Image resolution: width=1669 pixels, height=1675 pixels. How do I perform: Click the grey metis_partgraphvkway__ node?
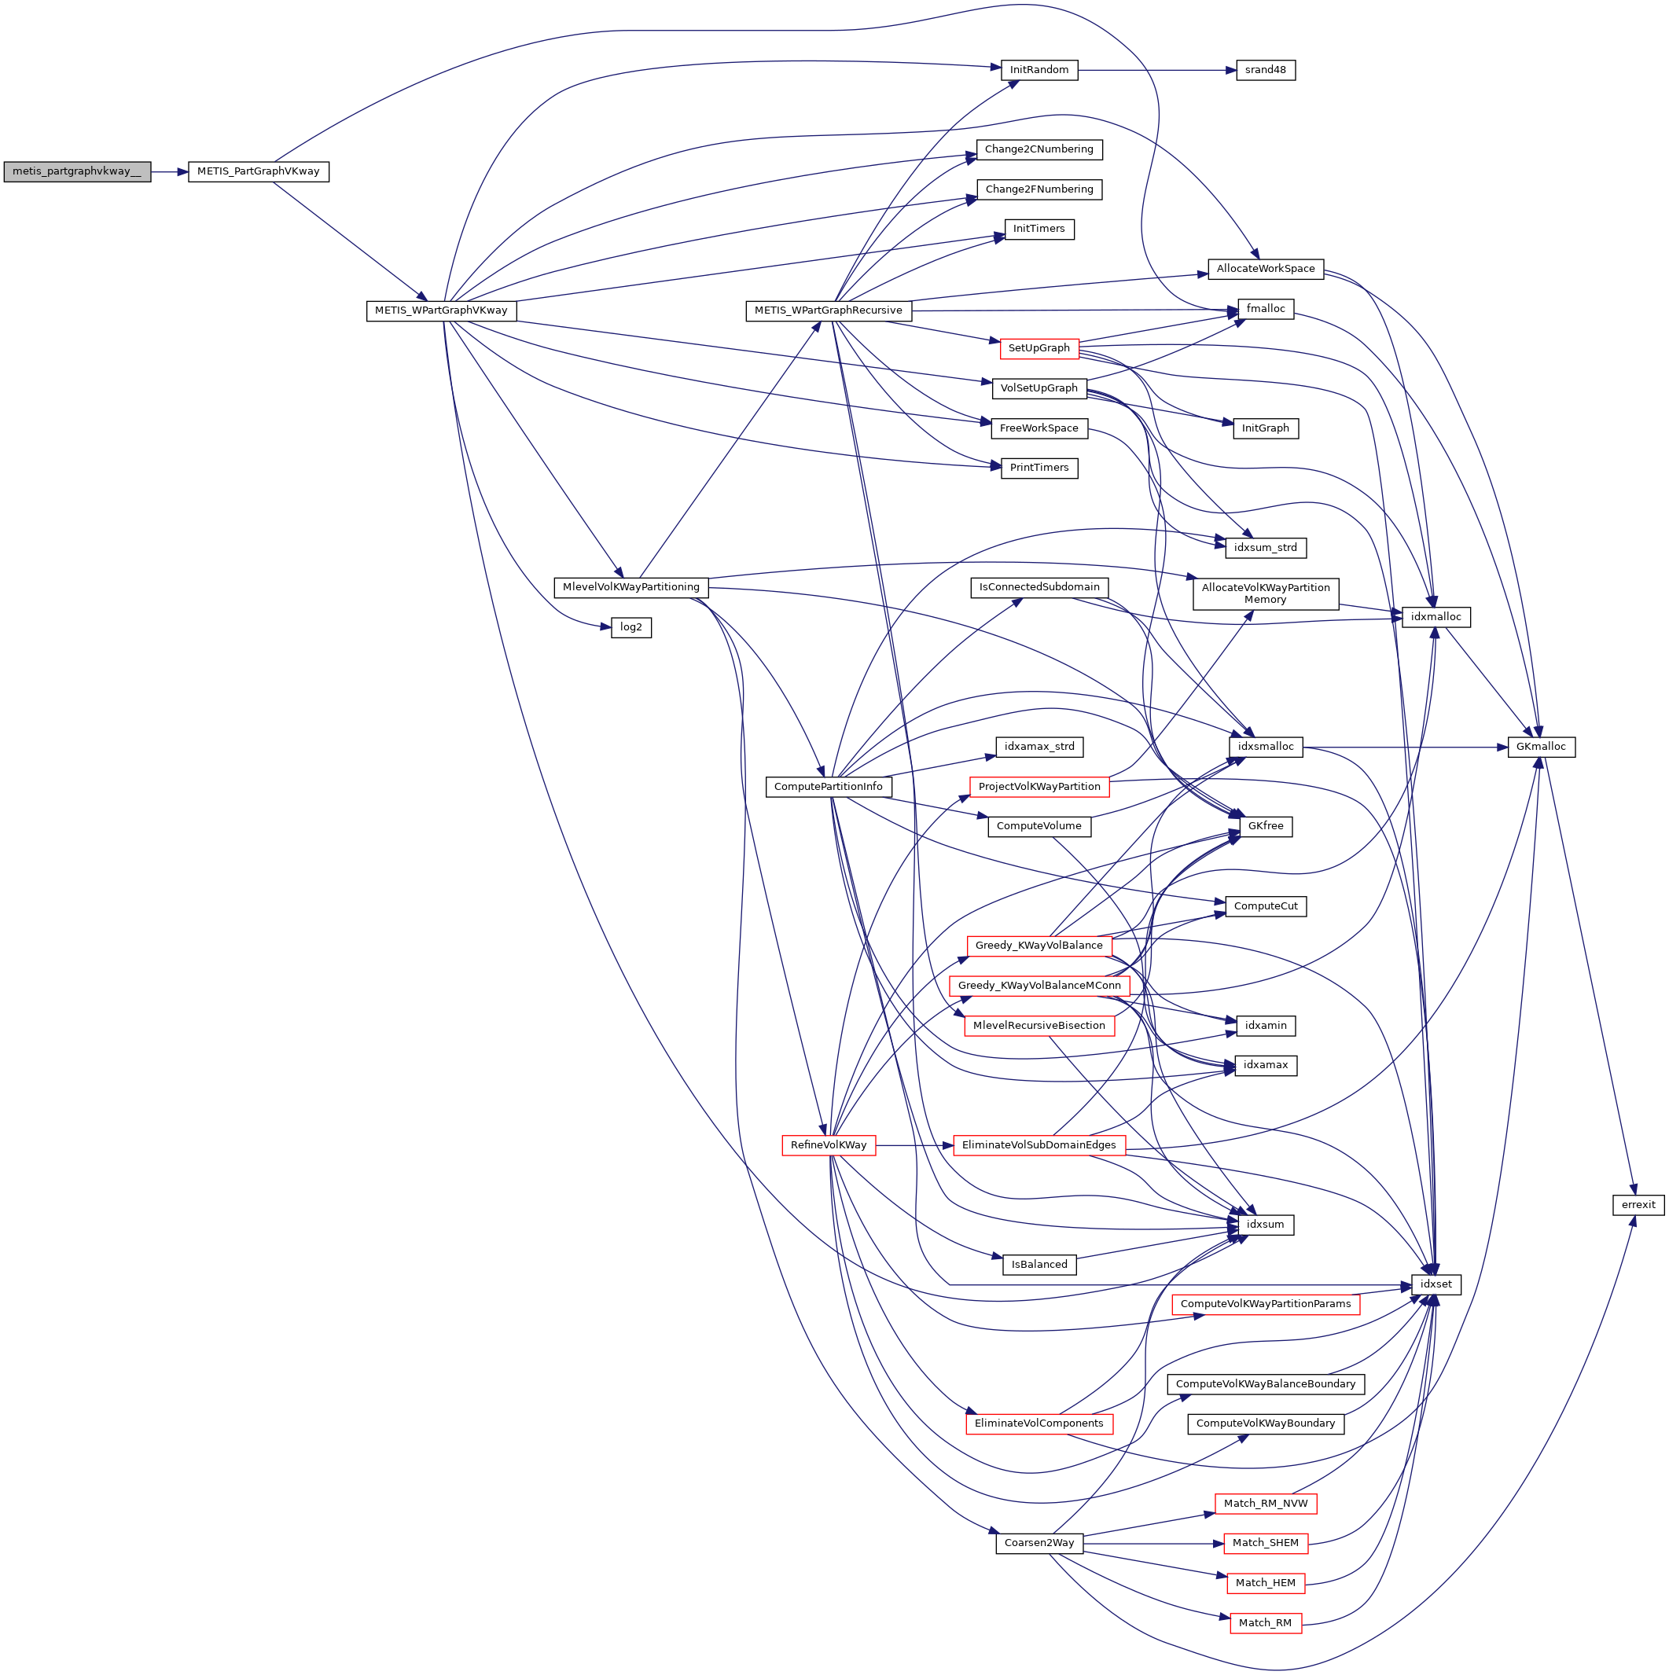76,171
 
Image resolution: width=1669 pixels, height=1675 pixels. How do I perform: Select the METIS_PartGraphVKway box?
259,171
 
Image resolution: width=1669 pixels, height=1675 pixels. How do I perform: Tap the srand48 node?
1265,70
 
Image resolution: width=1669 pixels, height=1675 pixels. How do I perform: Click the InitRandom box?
1039,70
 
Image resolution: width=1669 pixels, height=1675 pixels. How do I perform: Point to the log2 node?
630,626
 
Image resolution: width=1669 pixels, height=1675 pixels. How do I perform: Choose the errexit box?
1638,1204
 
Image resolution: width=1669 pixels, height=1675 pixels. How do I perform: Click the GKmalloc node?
1541,747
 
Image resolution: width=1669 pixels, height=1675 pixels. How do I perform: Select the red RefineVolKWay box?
828,1145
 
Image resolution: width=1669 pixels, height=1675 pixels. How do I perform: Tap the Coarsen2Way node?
1039,1542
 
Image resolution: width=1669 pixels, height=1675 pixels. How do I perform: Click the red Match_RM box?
1265,1622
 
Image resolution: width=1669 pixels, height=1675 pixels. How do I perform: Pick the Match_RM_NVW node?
1265,1504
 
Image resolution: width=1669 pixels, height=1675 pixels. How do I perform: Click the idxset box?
1436,1284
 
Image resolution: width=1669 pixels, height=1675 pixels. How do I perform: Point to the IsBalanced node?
1039,1264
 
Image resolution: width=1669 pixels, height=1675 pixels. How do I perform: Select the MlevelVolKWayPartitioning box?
630,587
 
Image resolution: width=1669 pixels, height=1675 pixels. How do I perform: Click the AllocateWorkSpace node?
1265,269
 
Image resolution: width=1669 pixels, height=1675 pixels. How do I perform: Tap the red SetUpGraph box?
1039,348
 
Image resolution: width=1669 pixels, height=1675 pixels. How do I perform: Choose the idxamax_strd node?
1039,747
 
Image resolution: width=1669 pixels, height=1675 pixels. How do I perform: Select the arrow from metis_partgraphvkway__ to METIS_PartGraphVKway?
169,171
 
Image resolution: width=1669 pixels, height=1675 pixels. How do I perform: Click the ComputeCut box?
1265,906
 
